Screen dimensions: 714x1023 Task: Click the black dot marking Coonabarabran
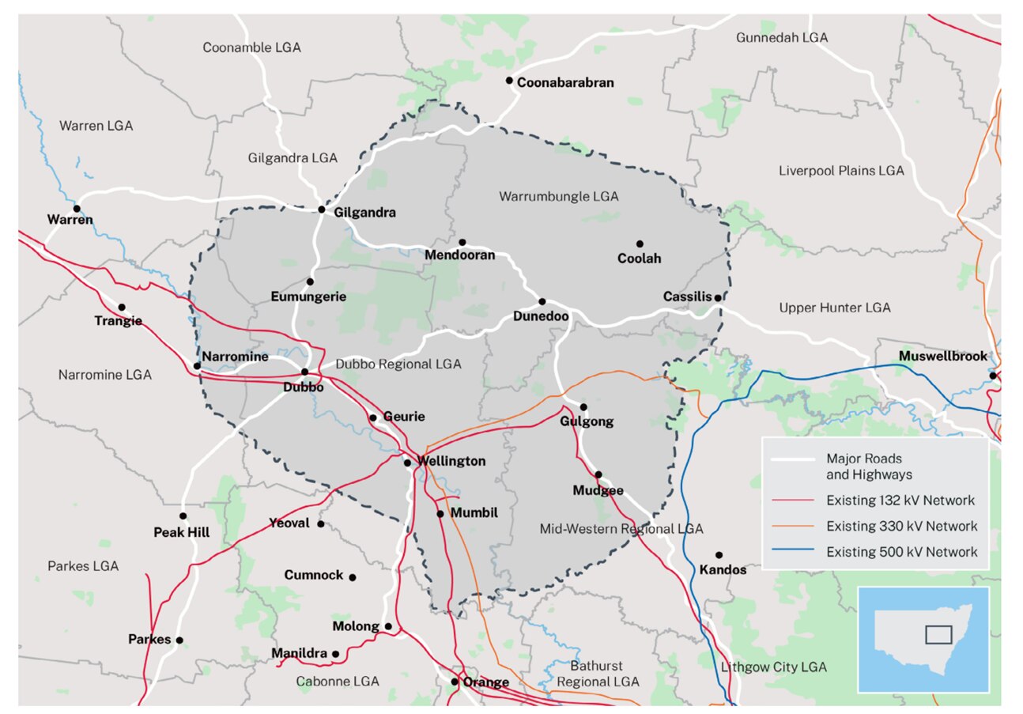pos(510,81)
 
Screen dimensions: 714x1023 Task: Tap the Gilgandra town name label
pos(365,213)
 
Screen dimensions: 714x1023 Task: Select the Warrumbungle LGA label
pos(558,195)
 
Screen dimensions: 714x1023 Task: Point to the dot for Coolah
pos(640,244)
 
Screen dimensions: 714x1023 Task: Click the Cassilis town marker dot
pos(717,297)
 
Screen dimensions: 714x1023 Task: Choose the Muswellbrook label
pos(943,357)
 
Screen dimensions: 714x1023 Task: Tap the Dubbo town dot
pos(305,372)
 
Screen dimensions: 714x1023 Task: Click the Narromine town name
pos(236,357)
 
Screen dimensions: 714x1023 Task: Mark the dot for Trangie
pos(122,307)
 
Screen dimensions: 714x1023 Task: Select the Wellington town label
pos(451,462)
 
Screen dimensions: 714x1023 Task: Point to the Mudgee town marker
pos(598,474)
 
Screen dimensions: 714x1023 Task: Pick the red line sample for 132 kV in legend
pos(792,501)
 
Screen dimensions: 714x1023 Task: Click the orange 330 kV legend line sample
pos(792,526)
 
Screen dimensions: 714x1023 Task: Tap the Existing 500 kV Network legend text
pos(901,551)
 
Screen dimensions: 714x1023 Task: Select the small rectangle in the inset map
pos(938,634)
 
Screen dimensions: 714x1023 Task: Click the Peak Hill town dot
pos(183,516)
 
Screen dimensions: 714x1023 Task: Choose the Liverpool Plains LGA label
pos(841,170)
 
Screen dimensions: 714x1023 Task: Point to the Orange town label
pos(485,682)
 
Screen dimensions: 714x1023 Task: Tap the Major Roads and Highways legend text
pos(869,467)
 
